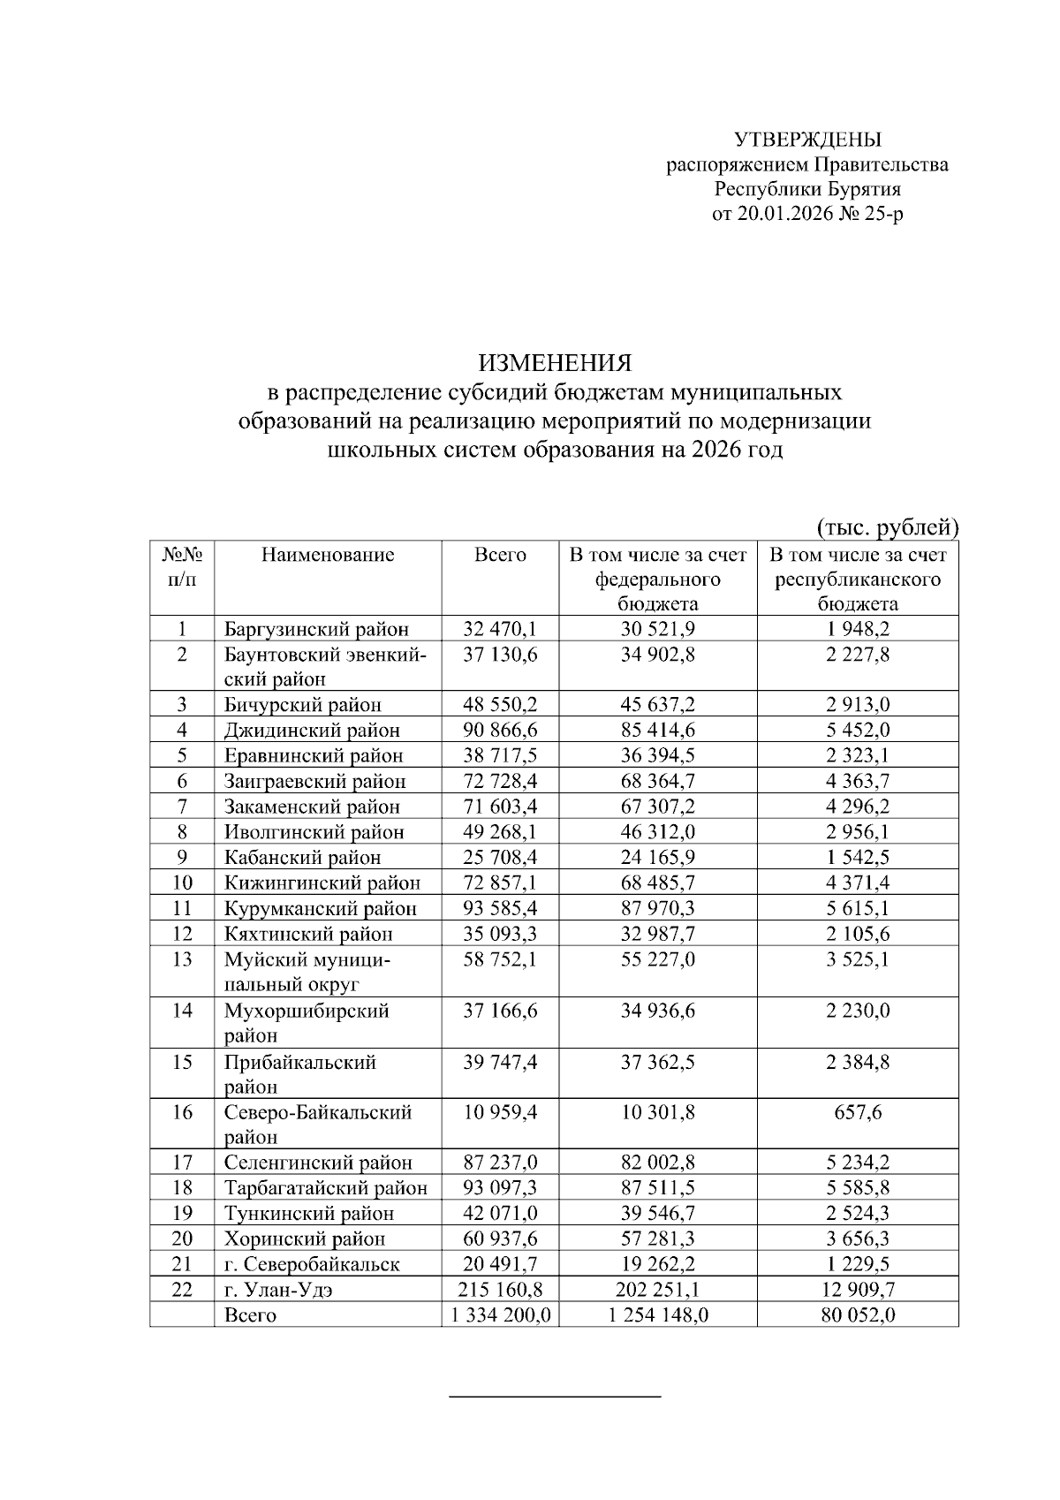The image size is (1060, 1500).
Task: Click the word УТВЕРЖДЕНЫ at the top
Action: pos(808,140)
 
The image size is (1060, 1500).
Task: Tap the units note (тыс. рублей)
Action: pos(886,527)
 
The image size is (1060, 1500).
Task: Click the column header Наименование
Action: pos(328,555)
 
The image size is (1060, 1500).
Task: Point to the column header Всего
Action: pos(500,555)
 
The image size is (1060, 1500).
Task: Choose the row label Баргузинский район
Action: pos(316,630)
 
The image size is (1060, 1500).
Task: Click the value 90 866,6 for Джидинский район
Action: pos(500,731)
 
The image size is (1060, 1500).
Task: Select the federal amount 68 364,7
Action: pos(657,781)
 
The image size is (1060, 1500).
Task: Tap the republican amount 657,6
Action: pos(858,1112)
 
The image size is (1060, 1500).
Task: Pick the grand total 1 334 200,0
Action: pos(500,1315)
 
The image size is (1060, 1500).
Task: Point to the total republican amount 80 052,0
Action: pos(858,1315)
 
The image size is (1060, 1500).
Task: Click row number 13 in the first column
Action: pos(182,959)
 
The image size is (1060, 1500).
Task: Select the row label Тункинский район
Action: pos(309,1214)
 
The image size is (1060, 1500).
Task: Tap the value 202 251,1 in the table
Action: pos(657,1290)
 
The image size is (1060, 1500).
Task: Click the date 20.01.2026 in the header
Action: pos(783,214)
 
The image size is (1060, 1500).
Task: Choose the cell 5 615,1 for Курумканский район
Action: pos(858,908)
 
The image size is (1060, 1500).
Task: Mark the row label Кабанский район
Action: pos(303,858)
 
